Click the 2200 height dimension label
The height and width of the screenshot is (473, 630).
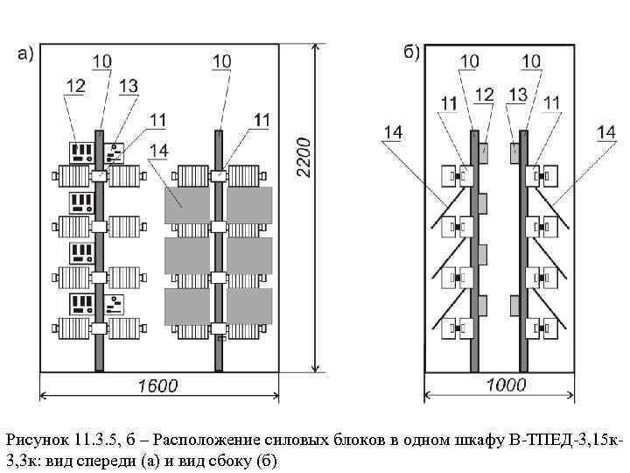pos(302,158)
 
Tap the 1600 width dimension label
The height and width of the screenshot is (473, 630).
pos(157,385)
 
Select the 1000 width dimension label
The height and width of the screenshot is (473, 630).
pos(506,385)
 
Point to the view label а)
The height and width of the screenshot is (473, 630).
pos(26,54)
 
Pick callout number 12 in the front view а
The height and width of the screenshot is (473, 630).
pos(74,86)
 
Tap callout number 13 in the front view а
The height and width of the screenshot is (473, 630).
pos(128,86)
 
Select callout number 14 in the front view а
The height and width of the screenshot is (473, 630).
pos(160,151)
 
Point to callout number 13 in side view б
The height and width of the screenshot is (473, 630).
pos(517,93)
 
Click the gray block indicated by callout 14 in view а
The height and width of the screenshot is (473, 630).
pos(187,204)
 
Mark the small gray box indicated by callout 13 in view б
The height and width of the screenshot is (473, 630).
pos(515,150)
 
